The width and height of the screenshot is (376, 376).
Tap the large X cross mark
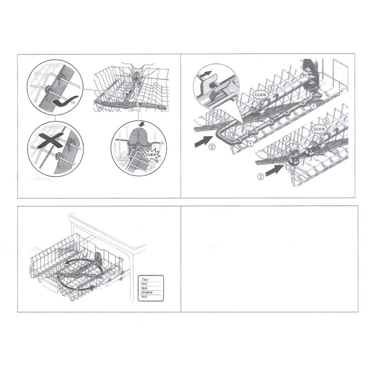51,140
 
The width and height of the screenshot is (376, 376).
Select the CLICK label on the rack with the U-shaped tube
260,95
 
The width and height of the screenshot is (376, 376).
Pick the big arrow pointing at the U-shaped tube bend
203,141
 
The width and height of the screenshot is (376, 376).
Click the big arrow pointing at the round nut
275,170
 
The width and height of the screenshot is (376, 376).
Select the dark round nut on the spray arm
294,161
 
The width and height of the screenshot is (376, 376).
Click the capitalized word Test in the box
145,279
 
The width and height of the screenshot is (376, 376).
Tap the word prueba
147,292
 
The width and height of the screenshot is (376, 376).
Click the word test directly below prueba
144,297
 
